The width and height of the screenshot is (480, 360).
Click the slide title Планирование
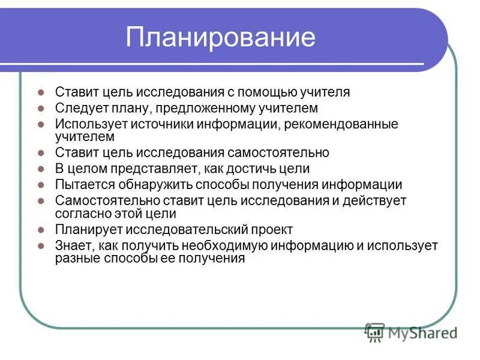pos(220,38)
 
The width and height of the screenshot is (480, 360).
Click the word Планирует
pos(88,230)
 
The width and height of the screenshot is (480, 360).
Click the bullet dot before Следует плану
pos(41,109)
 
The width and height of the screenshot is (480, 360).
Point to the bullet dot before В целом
pos(41,170)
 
